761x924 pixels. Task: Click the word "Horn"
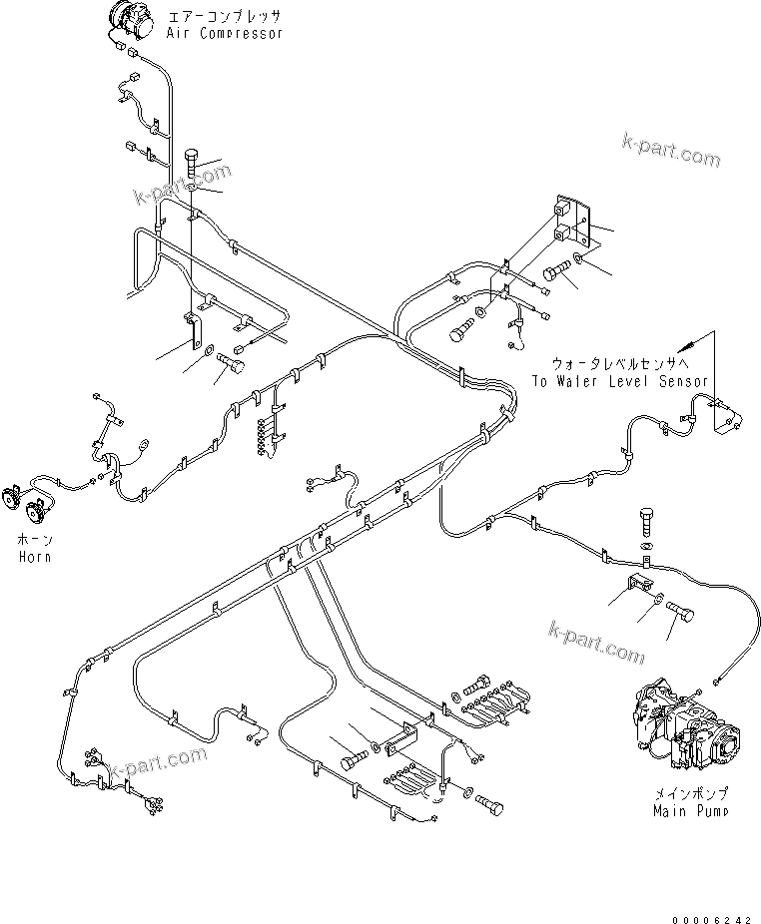pyautogui.click(x=34, y=556)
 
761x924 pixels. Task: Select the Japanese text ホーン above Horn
pyautogui.click(x=34, y=539)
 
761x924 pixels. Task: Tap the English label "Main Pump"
pyautogui.click(x=690, y=811)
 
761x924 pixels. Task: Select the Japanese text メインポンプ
pyautogui.click(x=690, y=794)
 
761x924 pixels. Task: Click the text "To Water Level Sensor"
pyautogui.click(x=619, y=381)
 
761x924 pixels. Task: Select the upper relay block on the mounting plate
pyautogui.click(x=563, y=212)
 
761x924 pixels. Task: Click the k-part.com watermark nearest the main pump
pyautogui.click(x=597, y=641)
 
